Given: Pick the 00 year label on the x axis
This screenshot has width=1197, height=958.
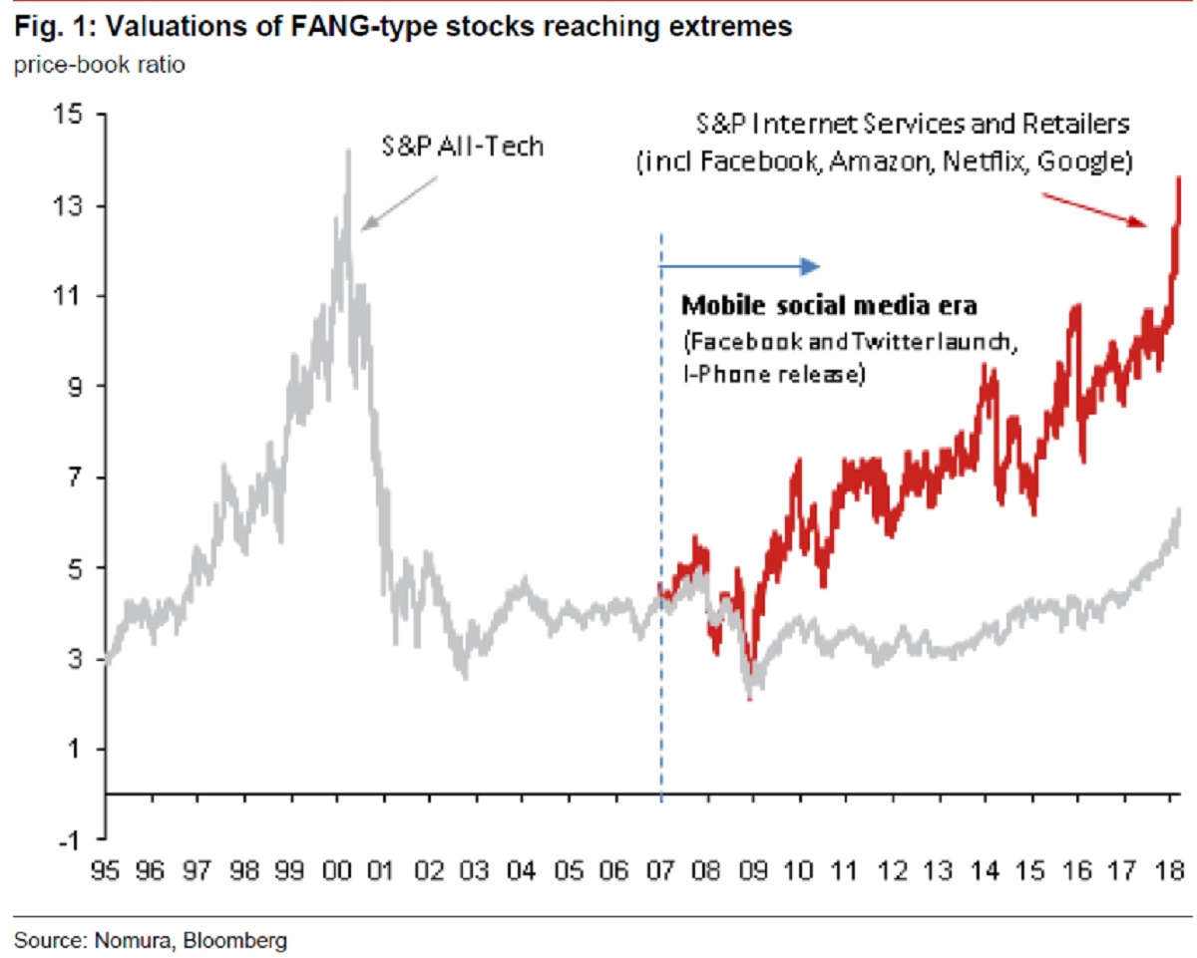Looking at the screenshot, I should point(336,873).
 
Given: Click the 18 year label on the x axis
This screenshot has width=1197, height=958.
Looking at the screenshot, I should point(1168,873).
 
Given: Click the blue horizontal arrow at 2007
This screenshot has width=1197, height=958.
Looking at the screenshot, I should point(739,265).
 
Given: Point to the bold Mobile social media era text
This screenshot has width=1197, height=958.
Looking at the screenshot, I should point(837,305).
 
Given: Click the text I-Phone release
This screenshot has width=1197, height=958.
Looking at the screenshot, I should point(772,376).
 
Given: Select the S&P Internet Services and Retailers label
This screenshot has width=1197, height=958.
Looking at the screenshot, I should point(912,126).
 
